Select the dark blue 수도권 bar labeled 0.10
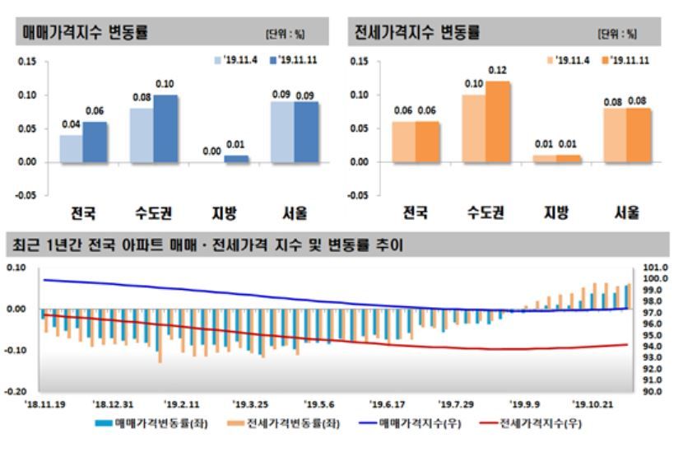coord(165,128)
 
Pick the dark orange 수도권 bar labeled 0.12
coord(498,122)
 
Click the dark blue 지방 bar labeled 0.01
coord(236,158)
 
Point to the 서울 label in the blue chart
coord(294,213)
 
